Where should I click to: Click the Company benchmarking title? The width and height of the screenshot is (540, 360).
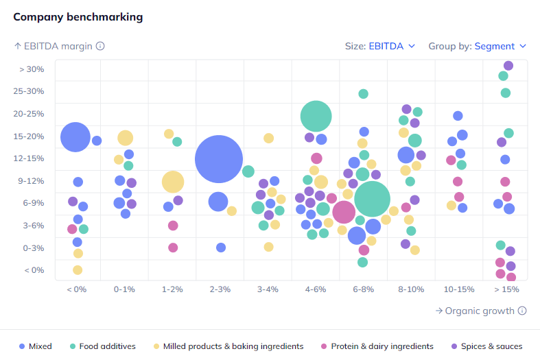[x=78, y=16]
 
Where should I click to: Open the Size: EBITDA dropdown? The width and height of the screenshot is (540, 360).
[x=381, y=46]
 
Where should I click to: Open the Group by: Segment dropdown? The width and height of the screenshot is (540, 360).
[x=478, y=46]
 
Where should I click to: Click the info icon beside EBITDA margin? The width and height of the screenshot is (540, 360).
[x=100, y=46]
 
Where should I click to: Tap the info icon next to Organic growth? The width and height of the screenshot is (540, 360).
[x=522, y=311]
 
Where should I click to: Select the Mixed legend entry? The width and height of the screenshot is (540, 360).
[x=36, y=346]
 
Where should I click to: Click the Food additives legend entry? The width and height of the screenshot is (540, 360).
[x=102, y=346]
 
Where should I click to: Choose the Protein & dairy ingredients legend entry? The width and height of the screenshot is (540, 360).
[x=377, y=346]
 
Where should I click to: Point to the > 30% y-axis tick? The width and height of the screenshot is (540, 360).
[x=32, y=69]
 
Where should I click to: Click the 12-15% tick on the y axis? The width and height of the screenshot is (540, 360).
[x=30, y=158]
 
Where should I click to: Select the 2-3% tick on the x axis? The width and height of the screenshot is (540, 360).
[x=220, y=289]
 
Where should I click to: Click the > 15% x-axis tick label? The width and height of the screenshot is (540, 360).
[x=507, y=289]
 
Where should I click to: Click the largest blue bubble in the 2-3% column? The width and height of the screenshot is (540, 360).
[x=219, y=159]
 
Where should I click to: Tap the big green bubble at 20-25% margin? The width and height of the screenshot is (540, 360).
[x=316, y=116]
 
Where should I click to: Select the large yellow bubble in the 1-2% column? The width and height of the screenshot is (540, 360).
[x=173, y=182]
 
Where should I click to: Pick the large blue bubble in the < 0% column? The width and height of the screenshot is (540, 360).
[x=75, y=137]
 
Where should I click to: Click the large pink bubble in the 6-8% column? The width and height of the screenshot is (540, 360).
[x=344, y=212]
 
